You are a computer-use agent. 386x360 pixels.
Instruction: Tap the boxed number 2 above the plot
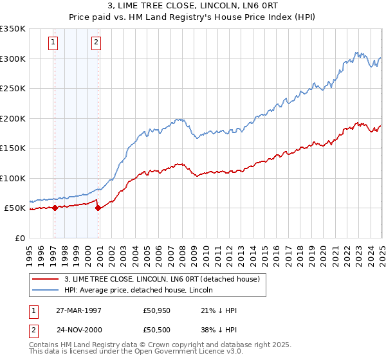[x=96, y=43]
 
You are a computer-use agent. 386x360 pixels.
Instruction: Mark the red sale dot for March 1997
[x=55, y=208]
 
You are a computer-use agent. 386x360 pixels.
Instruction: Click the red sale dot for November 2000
[x=98, y=208]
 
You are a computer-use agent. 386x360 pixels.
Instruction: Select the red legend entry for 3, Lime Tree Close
[x=161, y=279]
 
